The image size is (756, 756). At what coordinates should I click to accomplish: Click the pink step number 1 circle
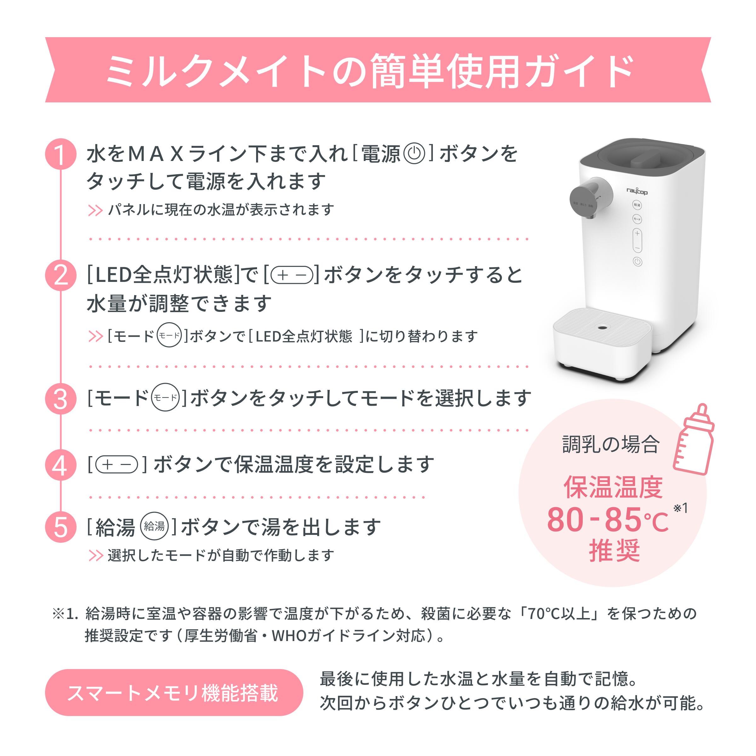[x=61, y=154]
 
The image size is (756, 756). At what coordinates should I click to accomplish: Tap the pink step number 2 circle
[x=61, y=275]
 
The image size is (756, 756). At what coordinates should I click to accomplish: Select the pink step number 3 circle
[x=61, y=399]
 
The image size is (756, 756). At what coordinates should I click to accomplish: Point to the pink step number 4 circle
[x=61, y=465]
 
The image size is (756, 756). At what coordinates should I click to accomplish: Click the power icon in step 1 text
[x=414, y=153]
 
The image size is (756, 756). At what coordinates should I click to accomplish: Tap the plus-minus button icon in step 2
[x=291, y=275]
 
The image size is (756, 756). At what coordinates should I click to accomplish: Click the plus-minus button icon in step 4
[x=117, y=465]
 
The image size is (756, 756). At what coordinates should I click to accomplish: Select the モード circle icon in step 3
[x=165, y=398]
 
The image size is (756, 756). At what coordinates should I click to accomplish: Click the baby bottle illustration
[x=693, y=440]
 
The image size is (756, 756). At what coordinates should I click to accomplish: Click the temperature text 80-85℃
[x=607, y=520]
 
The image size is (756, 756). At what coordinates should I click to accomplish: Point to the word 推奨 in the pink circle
[x=614, y=551]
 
